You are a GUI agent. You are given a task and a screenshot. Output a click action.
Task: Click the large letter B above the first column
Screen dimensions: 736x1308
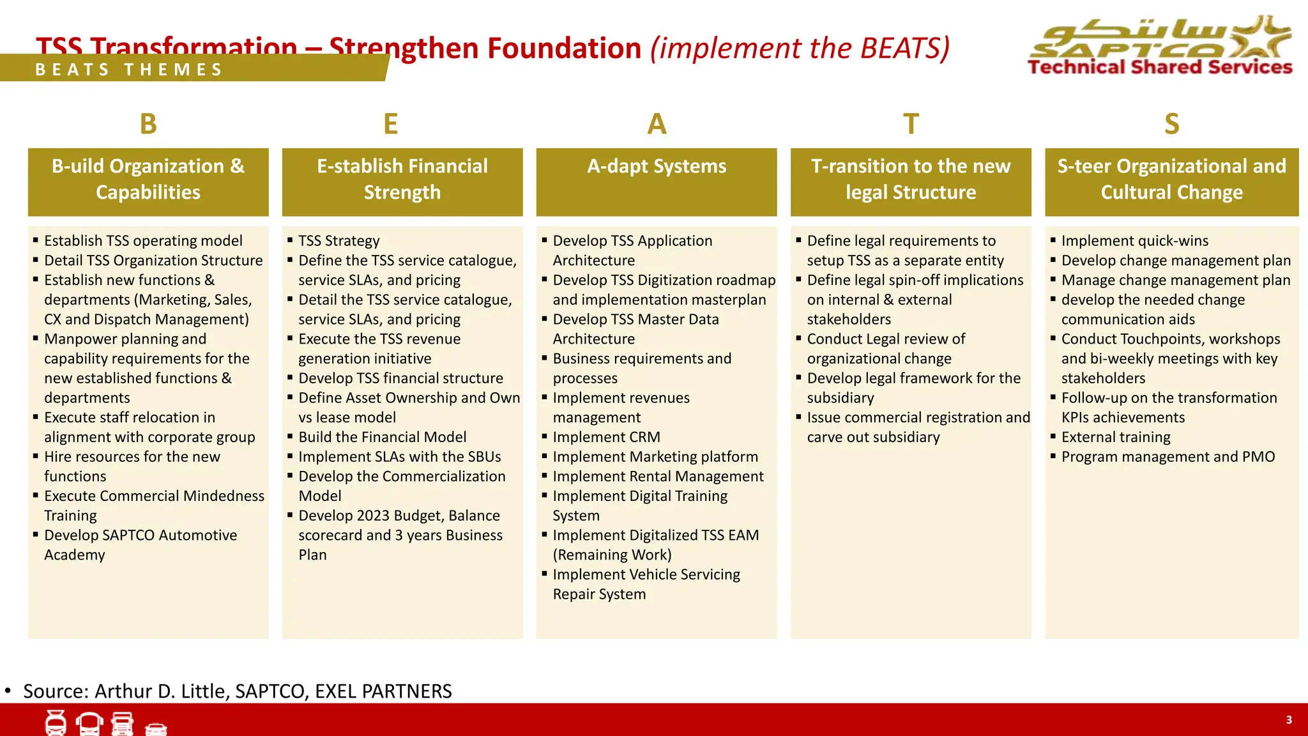(148, 124)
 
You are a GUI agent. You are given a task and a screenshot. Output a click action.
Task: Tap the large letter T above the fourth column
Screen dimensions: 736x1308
(911, 124)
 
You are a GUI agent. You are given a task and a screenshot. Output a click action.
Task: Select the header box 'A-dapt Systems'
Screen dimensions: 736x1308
(657, 181)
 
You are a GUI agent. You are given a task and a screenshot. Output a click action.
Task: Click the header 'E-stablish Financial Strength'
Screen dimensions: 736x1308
(402, 181)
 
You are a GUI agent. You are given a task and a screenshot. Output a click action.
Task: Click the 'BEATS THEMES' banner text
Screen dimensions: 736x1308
(129, 70)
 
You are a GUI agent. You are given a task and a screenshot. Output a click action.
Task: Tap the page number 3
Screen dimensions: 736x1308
(1288, 720)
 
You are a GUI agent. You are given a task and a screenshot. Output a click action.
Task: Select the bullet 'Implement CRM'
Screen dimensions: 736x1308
(606, 437)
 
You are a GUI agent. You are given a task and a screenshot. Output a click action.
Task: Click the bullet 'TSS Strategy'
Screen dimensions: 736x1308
(338, 241)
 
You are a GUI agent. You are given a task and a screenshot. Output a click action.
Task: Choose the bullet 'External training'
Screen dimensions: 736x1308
(1116, 437)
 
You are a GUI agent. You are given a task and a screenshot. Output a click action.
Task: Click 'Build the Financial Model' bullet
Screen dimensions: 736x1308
(382, 437)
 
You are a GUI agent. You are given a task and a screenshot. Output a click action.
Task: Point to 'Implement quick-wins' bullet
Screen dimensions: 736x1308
(1134, 241)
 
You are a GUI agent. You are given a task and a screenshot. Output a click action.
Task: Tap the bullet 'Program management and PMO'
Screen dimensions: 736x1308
(1167, 457)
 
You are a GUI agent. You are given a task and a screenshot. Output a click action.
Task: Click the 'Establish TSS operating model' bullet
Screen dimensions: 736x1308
(143, 241)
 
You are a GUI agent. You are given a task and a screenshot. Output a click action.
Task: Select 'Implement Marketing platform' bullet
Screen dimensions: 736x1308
(655, 457)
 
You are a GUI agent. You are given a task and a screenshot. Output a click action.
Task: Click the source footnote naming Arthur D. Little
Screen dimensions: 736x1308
(237, 691)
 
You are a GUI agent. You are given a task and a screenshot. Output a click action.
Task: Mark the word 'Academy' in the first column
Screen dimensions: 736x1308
(75, 555)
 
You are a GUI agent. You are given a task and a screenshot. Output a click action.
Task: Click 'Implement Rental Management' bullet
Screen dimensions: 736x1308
(658, 477)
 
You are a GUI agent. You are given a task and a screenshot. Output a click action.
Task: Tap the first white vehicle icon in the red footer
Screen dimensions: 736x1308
(56, 723)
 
